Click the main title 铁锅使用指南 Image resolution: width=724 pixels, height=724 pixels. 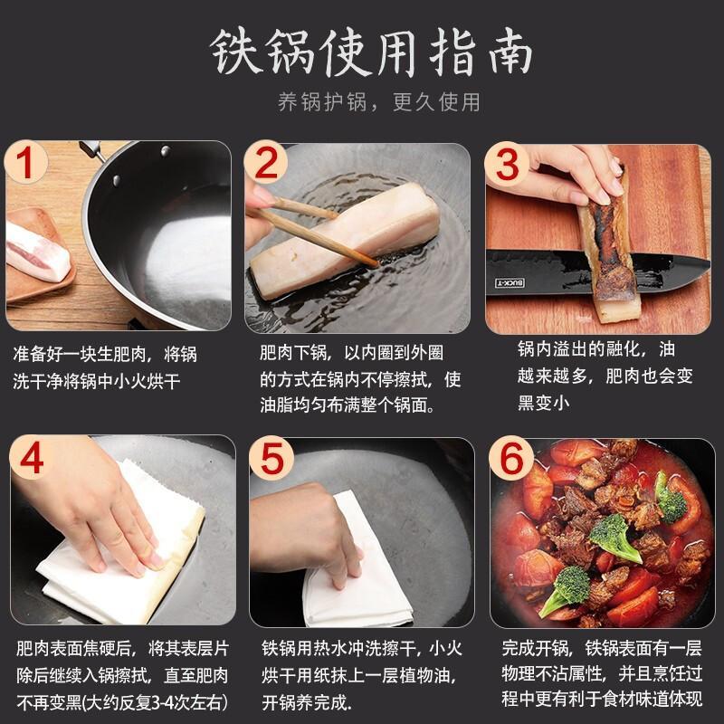click(x=372, y=52)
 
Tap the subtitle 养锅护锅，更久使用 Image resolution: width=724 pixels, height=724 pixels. click(x=378, y=102)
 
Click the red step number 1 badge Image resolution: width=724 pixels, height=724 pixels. click(x=26, y=163)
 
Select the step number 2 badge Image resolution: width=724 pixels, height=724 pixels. click(x=266, y=163)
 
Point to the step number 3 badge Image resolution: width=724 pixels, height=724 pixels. click(x=507, y=164)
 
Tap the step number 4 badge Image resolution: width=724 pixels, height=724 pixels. click(x=32, y=457)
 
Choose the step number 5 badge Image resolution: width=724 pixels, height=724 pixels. click(x=271, y=458)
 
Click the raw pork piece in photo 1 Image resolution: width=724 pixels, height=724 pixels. click(x=37, y=252)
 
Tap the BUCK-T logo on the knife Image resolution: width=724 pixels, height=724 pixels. click(x=510, y=282)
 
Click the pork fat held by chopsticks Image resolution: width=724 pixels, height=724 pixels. click(x=344, y=240)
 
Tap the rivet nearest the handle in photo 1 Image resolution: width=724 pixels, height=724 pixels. click(x=165, y=150)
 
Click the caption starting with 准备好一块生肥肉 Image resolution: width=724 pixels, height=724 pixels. click(x=105, y=367)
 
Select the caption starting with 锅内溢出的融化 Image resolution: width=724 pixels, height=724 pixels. click(x=605, y=376)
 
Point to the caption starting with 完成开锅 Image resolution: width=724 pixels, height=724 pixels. click(x=602, y=673)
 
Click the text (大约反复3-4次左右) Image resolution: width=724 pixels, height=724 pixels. click(x=154, y=703)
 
